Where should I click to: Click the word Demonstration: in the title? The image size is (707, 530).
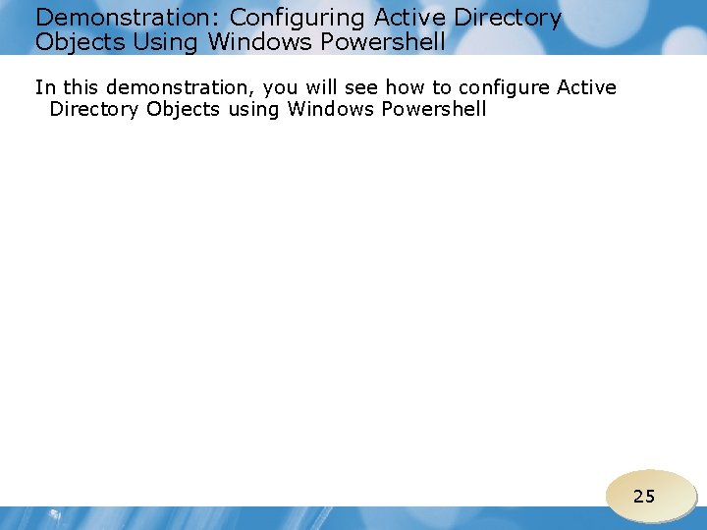point(128,18)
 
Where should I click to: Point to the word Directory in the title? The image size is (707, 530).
point(508,18)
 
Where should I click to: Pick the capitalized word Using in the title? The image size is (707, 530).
point(164,42)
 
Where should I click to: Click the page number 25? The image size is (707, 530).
point(644,496)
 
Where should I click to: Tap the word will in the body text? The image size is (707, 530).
point(326,87)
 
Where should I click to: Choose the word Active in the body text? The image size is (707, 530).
point(586,87)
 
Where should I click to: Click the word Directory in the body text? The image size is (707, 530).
point(94,109)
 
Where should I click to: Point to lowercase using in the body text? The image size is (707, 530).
point(253,110)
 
